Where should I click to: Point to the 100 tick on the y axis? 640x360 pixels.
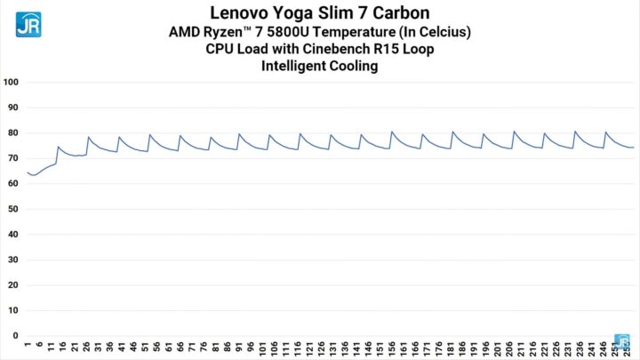pyautogui.click(x=12, y=83)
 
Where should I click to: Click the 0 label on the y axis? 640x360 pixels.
pyautogui.click(x=14, y=336)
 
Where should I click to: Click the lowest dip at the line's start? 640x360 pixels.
pyautogui.click(x=33, y=175)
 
